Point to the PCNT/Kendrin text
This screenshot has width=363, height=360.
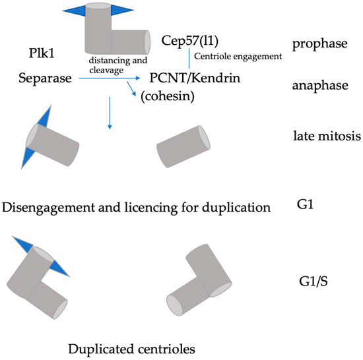coord(202,80)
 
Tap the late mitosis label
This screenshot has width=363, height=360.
coord(325,137)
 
